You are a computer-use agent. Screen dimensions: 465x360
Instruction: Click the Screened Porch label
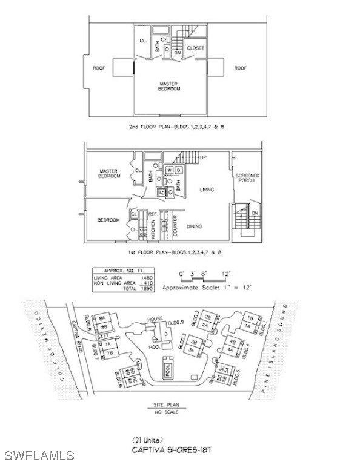247,178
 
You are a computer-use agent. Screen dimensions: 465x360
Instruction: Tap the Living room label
207,190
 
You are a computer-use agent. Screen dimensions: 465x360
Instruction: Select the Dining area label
194,226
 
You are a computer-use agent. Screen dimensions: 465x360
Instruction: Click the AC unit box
162,193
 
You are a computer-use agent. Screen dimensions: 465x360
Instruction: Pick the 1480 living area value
145,276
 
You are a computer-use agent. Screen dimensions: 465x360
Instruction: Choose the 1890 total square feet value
145,288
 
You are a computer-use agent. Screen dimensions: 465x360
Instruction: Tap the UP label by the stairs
203,157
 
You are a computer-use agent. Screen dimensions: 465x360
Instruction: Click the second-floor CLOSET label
196,47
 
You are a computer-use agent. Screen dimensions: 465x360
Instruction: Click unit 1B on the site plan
249,317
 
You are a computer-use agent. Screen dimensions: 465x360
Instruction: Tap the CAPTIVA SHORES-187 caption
172,450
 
